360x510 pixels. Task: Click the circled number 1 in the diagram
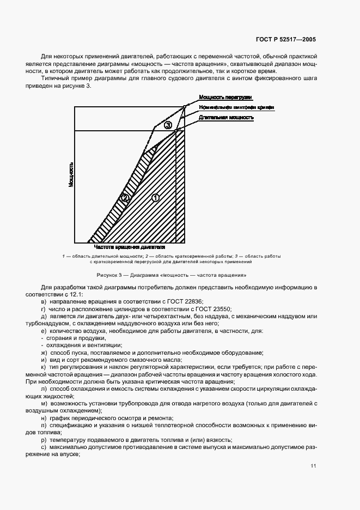(155, 198)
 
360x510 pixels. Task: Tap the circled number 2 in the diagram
(125, 198)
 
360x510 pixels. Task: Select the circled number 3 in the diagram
(168, 126)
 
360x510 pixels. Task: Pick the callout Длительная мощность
(226, 117)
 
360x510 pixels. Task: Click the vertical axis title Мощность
(71, 174)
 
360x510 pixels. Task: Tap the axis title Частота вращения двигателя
(130, 247)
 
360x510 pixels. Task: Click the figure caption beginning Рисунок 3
(172, 275)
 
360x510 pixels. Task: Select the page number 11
(314, 465)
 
